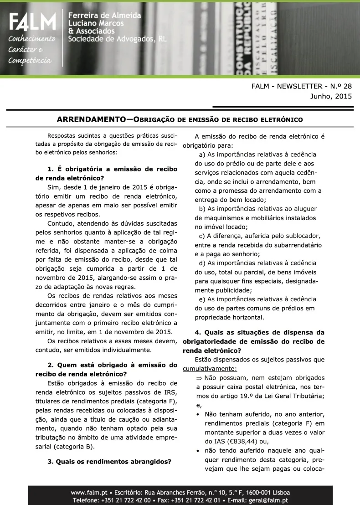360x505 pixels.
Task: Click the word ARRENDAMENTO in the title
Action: coord(91,120)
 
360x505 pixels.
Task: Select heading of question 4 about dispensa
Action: coord(253,341)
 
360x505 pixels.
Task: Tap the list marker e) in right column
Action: coord(202,299)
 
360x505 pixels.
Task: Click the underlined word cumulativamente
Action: coord(210,369)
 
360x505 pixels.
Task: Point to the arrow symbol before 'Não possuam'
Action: coord(199,378)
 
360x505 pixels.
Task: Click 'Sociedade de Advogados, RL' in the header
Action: coord(117,39)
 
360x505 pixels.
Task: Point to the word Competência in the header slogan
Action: coord(30,60)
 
